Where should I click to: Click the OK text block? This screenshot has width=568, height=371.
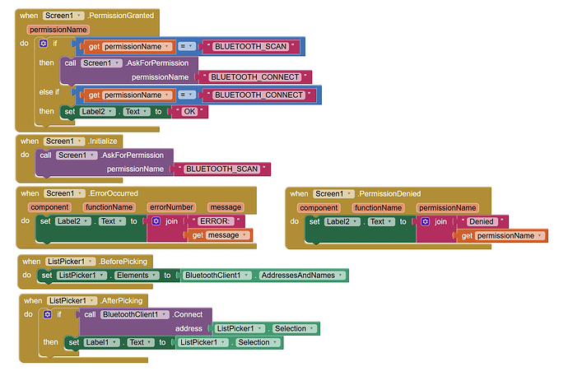click(x=189, y=112)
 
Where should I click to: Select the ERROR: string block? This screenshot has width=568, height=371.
click(x=217, y=221)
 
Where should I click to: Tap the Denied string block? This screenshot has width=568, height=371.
click(x=482, y=221)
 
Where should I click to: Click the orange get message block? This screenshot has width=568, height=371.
click(x=220, y=235)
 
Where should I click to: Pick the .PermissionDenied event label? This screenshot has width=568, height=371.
click(x=389, y=193)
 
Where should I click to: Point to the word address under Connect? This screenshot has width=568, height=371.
click(x=189, y=328)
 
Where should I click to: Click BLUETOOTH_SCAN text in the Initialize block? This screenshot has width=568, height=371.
click(x=222, y=169)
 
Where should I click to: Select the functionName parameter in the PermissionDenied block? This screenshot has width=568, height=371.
click(x=378, y=207)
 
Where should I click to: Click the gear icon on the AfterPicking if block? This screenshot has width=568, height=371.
click(x=47, y=314)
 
